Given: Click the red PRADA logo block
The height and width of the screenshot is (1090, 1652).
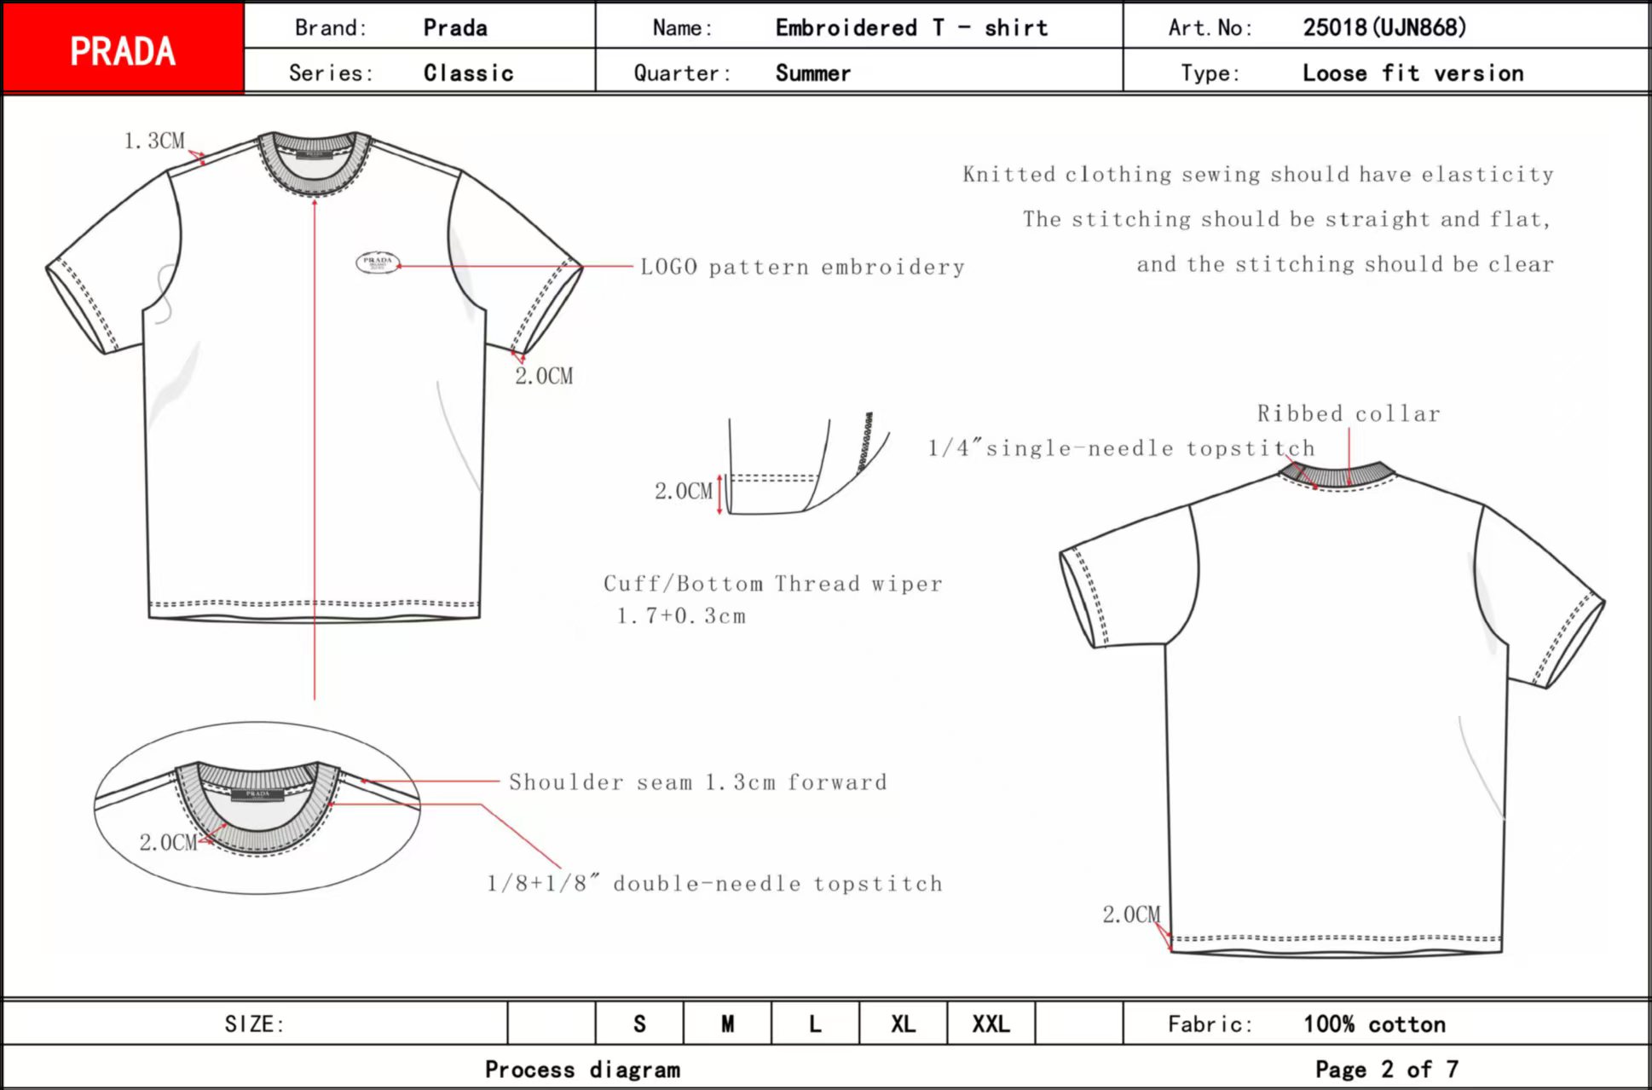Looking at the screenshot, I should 123,49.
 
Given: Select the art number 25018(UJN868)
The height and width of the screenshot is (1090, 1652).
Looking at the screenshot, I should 1383,27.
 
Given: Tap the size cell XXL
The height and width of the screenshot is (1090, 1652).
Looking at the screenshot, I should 991,1024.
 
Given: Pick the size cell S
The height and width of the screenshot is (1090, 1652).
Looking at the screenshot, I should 639,1024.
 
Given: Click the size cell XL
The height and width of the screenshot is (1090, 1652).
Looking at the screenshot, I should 903,1024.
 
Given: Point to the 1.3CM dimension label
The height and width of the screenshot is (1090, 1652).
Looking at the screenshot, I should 154,141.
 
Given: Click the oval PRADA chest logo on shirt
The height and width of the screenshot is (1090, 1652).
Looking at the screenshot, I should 377,262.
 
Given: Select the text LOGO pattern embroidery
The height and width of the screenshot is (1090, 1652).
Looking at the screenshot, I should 802,268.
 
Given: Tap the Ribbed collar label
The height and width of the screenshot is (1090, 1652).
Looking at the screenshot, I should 1348,414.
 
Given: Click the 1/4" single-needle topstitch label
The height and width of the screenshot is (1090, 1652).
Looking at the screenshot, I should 1121,448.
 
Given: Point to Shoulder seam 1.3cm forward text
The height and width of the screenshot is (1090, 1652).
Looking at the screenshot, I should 697,782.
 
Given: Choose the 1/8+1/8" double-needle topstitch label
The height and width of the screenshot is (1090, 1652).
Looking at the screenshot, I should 714,884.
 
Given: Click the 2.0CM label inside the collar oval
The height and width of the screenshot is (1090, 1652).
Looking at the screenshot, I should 168,843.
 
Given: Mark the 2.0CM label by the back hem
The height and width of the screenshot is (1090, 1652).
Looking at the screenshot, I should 1130,914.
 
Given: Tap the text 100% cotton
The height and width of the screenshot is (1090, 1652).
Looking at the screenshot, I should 1374,1024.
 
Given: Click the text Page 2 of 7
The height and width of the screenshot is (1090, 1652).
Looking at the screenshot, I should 1386,1069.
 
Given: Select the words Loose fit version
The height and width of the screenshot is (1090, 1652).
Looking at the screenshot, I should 1412,73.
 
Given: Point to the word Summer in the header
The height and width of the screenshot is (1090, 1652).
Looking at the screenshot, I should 812,73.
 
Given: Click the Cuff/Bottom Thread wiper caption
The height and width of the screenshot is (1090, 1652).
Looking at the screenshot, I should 772,584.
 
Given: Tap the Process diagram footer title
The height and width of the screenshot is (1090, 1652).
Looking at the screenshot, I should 582,1070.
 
